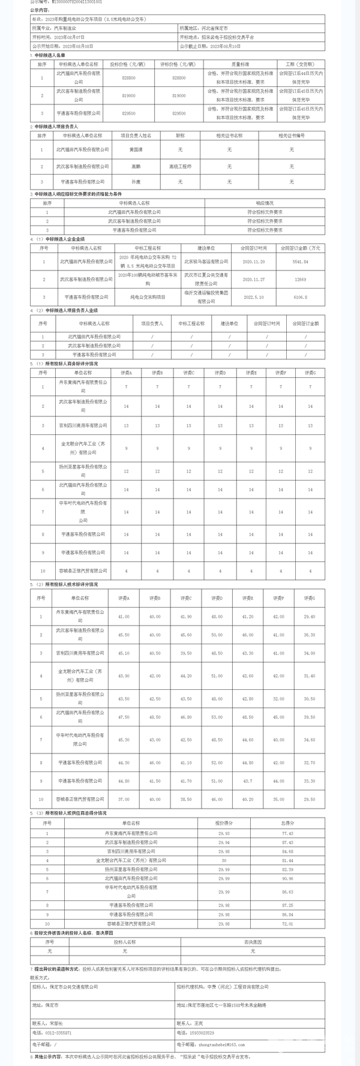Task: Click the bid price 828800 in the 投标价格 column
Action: tap(128, 78)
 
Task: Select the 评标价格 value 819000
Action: tap(179, 95)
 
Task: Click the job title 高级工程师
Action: tap(179, 166)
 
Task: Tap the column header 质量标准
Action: tap(240, 63)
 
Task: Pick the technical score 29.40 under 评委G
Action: tap(309, 616)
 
